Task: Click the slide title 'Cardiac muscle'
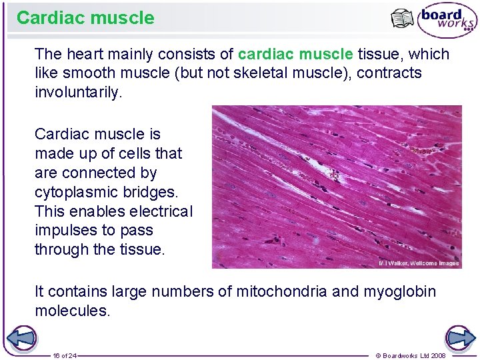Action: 85,18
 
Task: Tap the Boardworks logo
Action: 447,21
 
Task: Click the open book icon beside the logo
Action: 403,19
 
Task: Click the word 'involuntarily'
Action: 78,92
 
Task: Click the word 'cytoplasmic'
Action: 74,192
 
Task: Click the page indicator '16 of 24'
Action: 65,355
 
